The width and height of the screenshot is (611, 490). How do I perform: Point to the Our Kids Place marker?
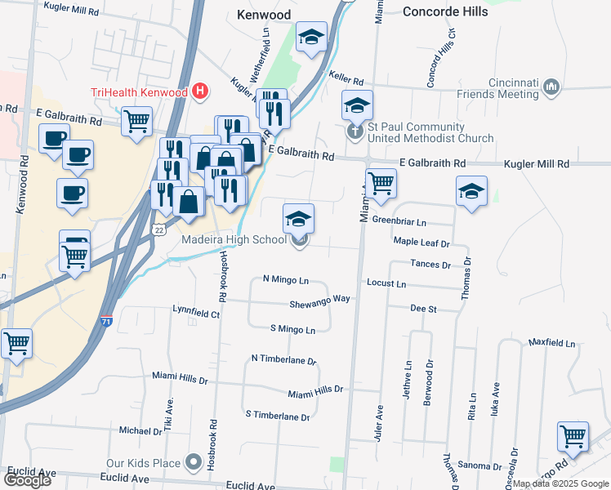point(194,463)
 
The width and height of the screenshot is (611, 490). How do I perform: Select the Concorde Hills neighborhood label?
point(445,11)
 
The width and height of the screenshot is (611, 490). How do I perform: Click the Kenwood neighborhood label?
point(265,15)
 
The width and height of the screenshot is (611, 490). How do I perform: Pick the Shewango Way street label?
point(319,299)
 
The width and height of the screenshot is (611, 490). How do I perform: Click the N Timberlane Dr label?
point(283,359)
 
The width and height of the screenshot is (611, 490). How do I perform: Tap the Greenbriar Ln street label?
point(399,221)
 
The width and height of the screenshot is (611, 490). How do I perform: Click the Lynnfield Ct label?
point(195,312)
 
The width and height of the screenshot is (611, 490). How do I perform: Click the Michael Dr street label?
point(140,430)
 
